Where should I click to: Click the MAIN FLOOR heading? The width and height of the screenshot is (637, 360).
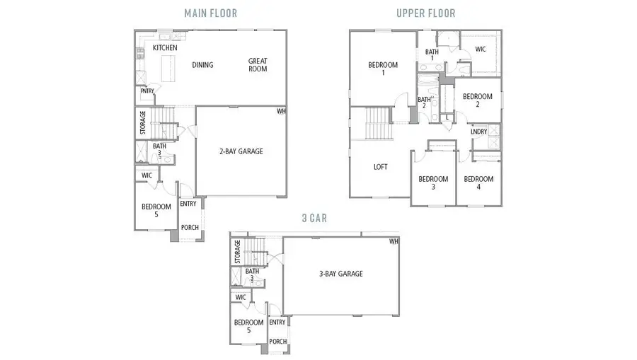210,13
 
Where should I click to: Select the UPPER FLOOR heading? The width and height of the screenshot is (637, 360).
425,13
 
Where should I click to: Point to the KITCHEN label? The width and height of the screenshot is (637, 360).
165,48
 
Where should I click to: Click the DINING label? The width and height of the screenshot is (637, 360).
202,65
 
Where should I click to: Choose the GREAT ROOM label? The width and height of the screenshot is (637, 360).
258,65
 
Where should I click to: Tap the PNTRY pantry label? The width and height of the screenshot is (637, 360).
147,91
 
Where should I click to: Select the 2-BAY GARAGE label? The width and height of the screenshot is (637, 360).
241,151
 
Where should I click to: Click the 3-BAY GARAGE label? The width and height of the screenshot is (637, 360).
339,274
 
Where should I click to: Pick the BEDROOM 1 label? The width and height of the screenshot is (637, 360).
383,69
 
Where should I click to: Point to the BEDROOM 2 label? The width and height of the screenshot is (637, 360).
477,100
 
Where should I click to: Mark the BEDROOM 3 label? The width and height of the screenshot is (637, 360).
432,183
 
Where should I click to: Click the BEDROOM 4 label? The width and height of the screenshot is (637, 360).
478,183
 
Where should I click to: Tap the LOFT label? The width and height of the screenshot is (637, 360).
381,168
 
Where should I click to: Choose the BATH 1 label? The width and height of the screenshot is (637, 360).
432,55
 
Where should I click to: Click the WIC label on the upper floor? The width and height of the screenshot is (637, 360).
481,50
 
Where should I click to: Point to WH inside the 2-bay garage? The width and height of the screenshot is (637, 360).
281,111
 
